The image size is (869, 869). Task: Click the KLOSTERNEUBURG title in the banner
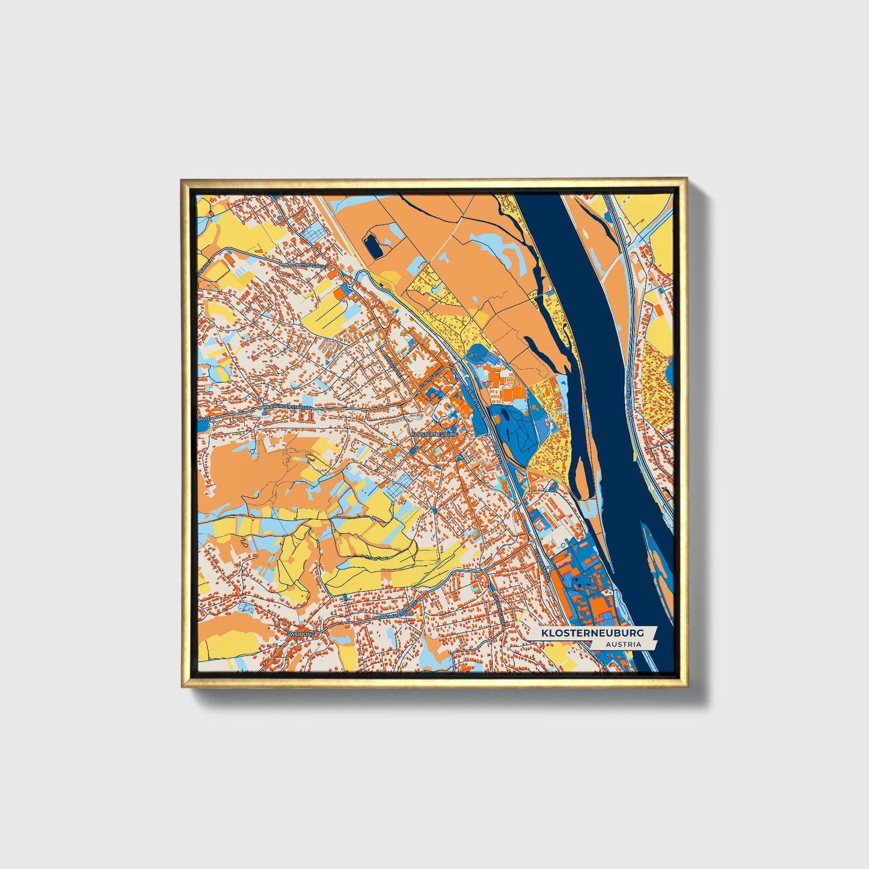point(592,633)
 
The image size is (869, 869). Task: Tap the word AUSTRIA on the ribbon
point(623,644)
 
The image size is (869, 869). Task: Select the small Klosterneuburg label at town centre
point(434,433)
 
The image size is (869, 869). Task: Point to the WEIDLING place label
point(302,634)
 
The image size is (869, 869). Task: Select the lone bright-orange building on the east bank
point(657,309)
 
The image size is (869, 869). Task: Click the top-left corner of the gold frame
point(182,179)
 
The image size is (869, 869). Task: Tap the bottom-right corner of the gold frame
point(686,687)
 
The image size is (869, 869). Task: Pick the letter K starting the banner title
point(544,633)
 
